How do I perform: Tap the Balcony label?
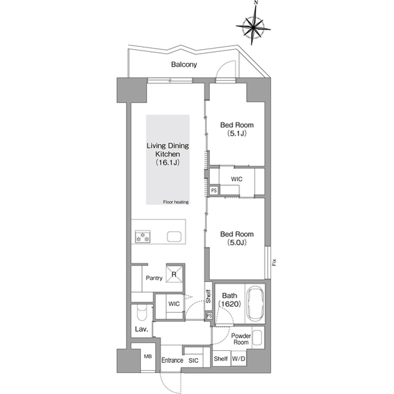(184, 65)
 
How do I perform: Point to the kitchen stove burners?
(143, 237)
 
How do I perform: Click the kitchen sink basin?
(174, 237)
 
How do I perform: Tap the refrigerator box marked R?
(175, 273)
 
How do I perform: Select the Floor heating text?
(176, 202)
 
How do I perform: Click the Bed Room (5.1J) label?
(236, 129)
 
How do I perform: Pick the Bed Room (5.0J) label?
(236, 238)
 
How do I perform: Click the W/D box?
(238, 358)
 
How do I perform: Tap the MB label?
(148, 356)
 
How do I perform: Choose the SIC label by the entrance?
(193, 361)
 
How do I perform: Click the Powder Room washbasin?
(257, 337)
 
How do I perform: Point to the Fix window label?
(274, 263)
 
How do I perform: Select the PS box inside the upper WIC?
(214, 191)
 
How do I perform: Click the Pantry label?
(154, 278)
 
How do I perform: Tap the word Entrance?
(172, 360)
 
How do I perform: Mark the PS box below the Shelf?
(209, 316)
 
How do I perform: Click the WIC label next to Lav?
(174, 304)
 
